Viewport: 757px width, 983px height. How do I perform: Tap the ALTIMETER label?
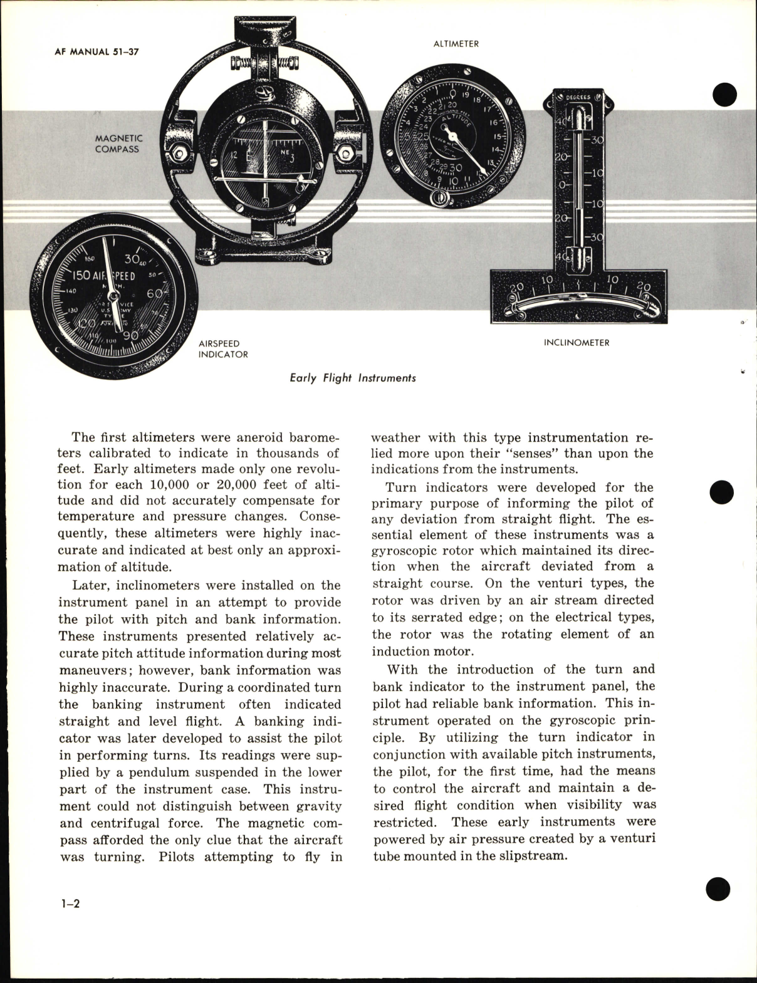[456, 44]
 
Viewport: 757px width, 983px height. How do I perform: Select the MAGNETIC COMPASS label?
[118, 143]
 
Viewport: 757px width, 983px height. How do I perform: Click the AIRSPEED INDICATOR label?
[223, 349]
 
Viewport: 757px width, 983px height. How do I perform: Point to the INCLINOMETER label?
[577, 343]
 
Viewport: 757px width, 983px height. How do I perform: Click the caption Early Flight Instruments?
[353, 378]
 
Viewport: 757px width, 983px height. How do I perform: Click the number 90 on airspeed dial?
[130, 335]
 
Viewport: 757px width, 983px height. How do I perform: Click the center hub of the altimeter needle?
[449, 133]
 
